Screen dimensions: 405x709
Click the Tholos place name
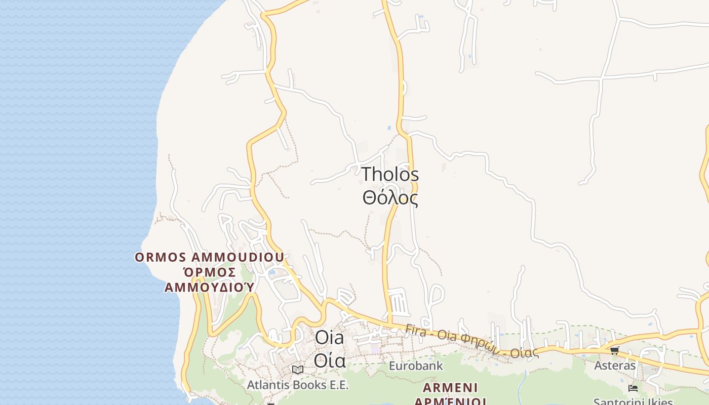390,175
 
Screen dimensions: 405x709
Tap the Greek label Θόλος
390,197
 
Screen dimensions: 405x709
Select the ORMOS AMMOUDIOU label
209,257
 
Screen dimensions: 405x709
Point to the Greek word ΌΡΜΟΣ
209,272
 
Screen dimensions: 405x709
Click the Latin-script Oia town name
329,338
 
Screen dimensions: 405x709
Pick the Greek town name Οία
329,360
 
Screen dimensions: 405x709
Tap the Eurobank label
416,366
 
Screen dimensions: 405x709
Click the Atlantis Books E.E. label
298,385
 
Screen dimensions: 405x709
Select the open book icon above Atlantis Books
298,370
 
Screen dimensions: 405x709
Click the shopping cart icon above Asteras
614,350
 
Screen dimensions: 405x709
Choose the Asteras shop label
614,365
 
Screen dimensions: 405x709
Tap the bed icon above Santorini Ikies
633,388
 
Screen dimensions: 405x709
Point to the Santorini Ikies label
633,402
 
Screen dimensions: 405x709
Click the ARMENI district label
450,388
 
